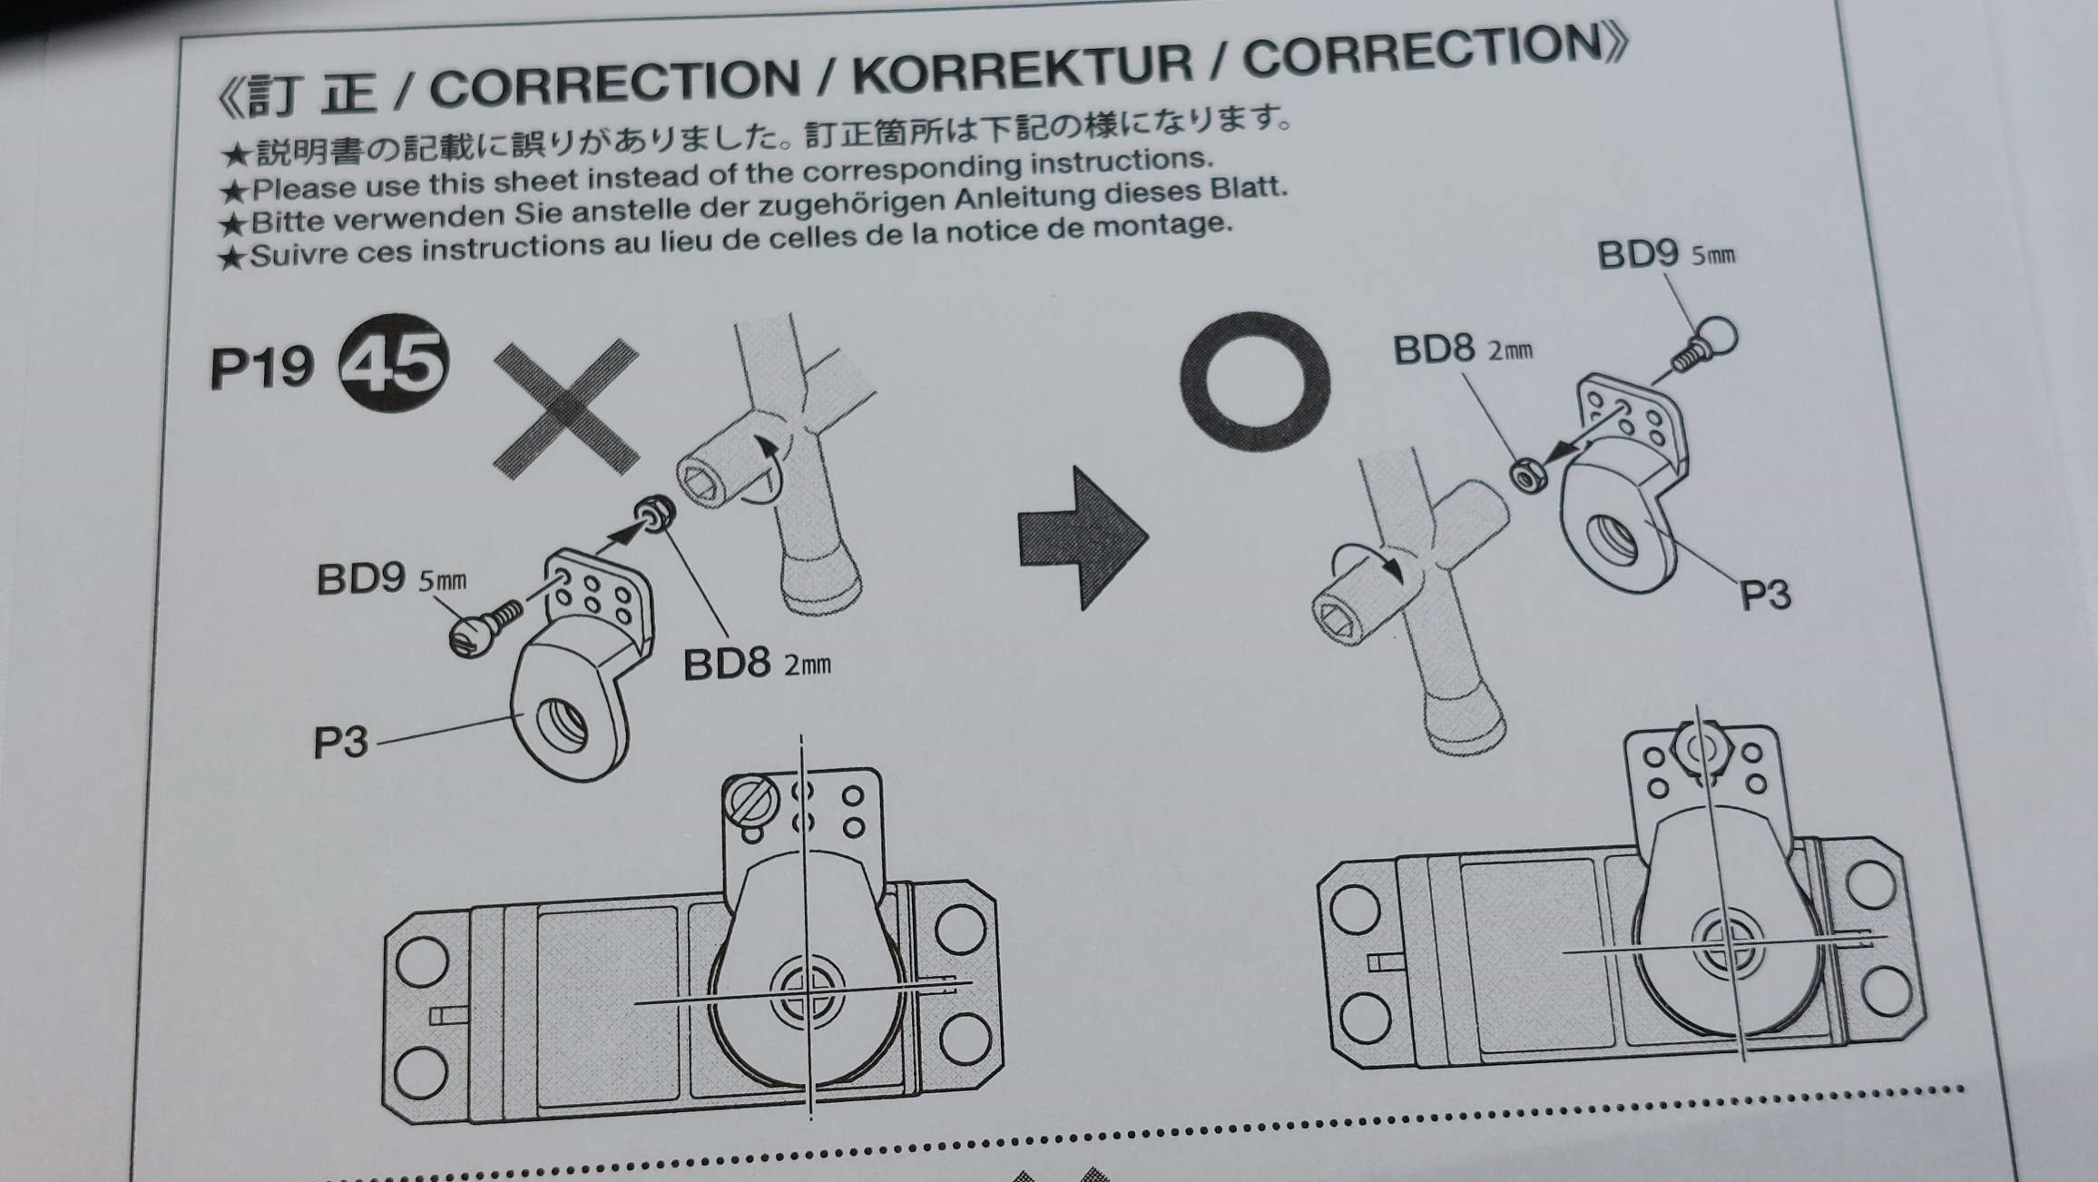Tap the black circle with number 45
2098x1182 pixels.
pyautogui.click(x=393, y=361)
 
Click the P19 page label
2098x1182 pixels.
pyautogui.click(x=262, y=368)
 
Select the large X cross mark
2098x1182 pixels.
pyautogui.click(x=566, y=409)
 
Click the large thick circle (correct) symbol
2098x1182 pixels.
pyautogui.click(x=1254, y=382)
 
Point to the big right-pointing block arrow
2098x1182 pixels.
pyautogui.click(x=1083, y=537)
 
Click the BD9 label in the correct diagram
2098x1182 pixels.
pyautogui.click(x=1666, y=254)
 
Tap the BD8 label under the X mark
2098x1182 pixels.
pyautogui.click(x=756, y=664)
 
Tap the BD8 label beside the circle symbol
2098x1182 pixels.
pyautogui.click(x=1463, y=350)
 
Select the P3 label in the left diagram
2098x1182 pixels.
pyautogui.click(x=340, y=743)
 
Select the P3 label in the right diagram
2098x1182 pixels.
pyautogui.click(x=1765, y=596)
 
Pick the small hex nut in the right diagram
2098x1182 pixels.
pyautogui.click(x=1528, y=476)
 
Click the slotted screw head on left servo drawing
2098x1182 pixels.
pyautogui.click(x=750, y=801)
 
